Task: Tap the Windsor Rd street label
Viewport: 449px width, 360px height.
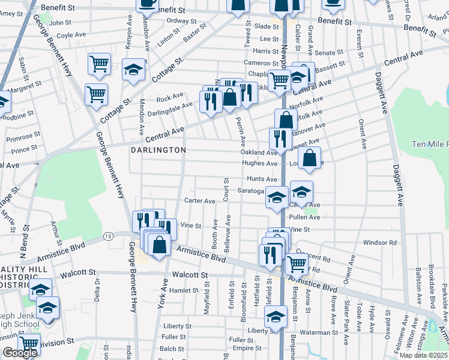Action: [380, 242]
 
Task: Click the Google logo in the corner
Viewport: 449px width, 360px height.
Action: [20, 353]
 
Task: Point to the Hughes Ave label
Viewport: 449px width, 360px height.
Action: [260, 163]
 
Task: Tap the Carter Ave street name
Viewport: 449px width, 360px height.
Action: [200, 201]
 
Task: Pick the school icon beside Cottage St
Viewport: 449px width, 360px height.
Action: [133, 69]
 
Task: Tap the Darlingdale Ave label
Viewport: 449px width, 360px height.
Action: [171, 104]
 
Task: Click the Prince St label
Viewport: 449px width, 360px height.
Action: [24, 149]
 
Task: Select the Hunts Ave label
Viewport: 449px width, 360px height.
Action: [262, 179]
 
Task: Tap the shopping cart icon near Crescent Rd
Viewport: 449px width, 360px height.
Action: [297, 263]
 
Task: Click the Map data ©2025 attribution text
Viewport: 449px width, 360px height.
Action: [423, 355]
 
